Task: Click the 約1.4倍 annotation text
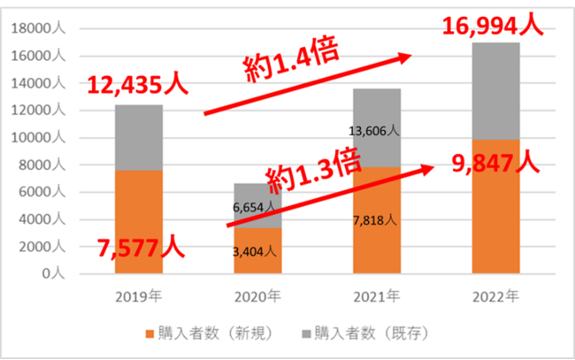pyautogui.click(x=292, y=60)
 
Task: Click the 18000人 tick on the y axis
pyautogui.click(x=40, y=28)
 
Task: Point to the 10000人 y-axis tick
pyautogui.click(x=40, y=138)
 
